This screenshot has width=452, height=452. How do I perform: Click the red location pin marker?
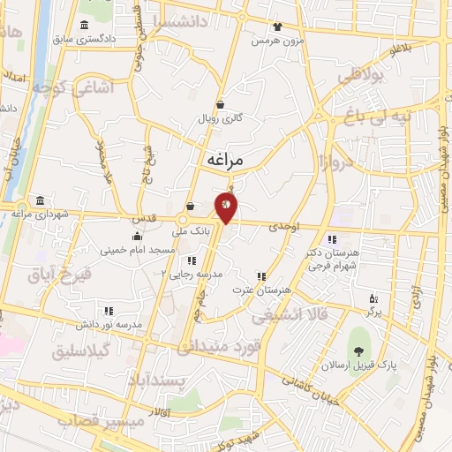click(226, 208)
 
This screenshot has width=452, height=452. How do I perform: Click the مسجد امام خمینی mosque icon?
click(137, 236)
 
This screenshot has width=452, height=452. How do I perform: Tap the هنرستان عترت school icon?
click(260, 275)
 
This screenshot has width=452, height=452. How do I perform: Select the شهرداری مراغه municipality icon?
click(38, 200)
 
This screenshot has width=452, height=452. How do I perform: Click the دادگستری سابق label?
click(83, 40)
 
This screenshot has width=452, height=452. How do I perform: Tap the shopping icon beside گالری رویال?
click(230, 103)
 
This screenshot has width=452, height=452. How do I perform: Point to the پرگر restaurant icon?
click(373, 299)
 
